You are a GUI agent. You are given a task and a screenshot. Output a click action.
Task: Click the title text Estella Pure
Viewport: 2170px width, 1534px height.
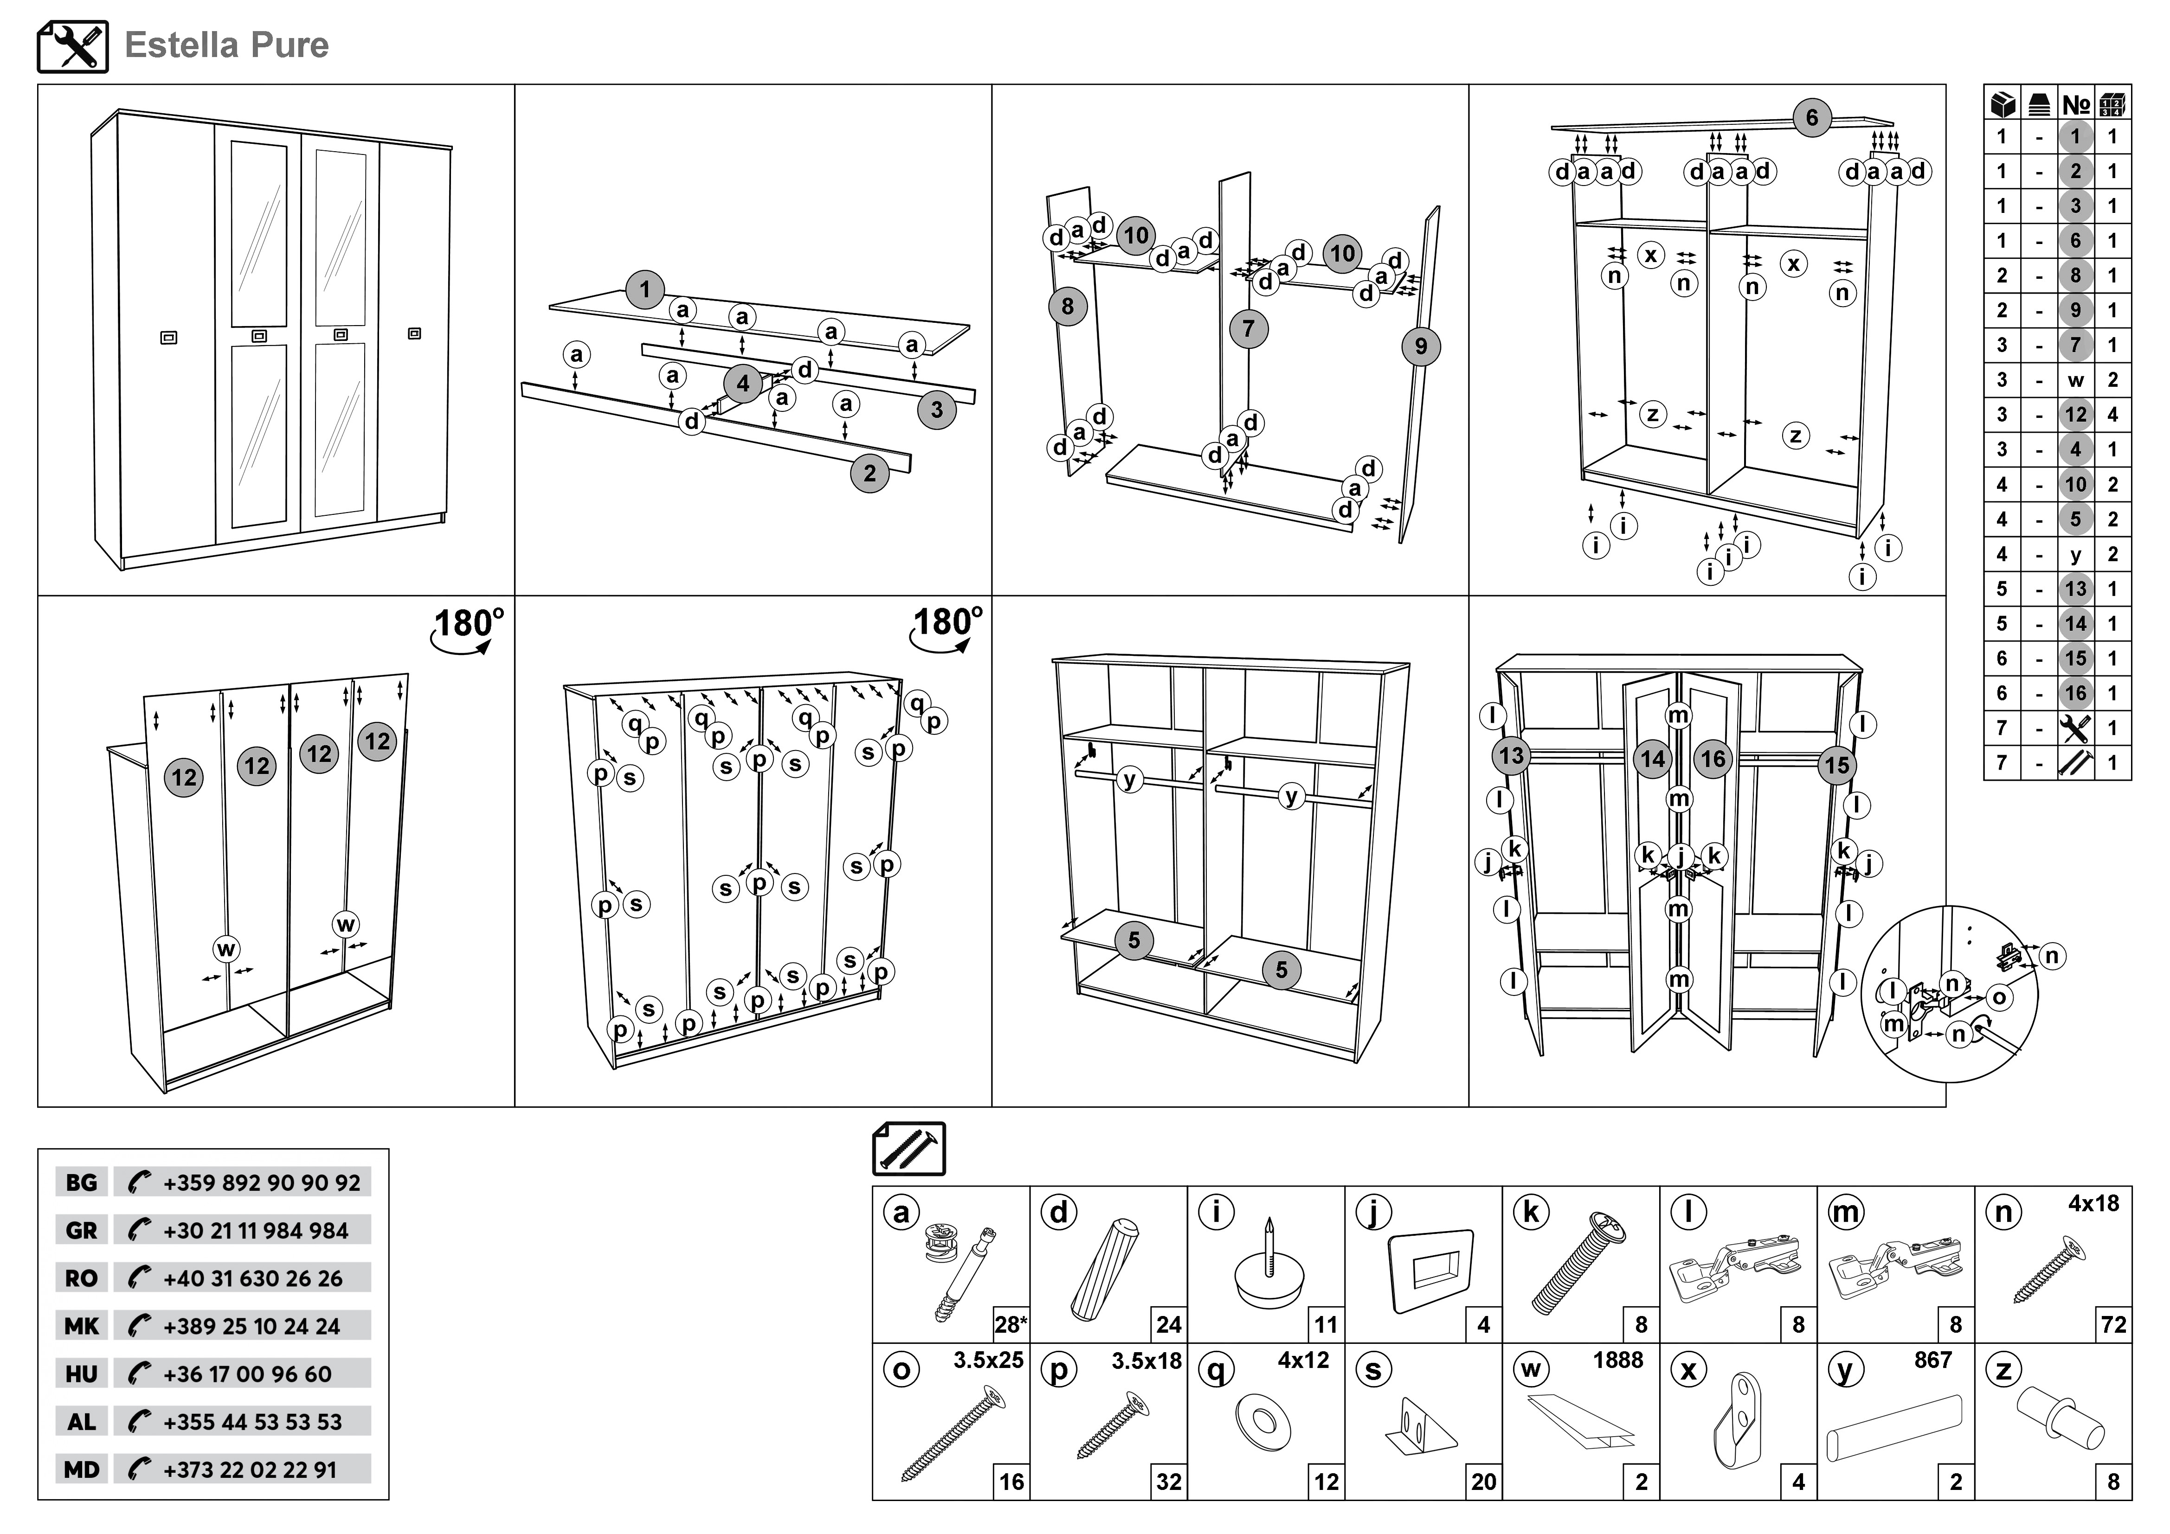click(227, 45)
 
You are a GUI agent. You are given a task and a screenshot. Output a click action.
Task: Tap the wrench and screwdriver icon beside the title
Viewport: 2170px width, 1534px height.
click(73, 46)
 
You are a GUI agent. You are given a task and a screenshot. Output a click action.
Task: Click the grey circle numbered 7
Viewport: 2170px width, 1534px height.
click(1249, 329)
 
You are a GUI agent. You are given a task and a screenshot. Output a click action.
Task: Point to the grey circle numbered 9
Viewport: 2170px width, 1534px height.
click(1421, 347)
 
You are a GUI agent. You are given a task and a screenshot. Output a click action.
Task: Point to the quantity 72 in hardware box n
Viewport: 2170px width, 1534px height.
click(2113, 1325)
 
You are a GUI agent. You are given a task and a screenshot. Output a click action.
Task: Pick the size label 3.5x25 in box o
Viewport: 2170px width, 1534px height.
click(988, 1361)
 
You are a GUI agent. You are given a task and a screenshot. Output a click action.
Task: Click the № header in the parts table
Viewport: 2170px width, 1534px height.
click(2075, 104)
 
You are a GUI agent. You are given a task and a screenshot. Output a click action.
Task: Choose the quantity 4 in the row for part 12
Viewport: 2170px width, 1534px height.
click(2112, 415)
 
